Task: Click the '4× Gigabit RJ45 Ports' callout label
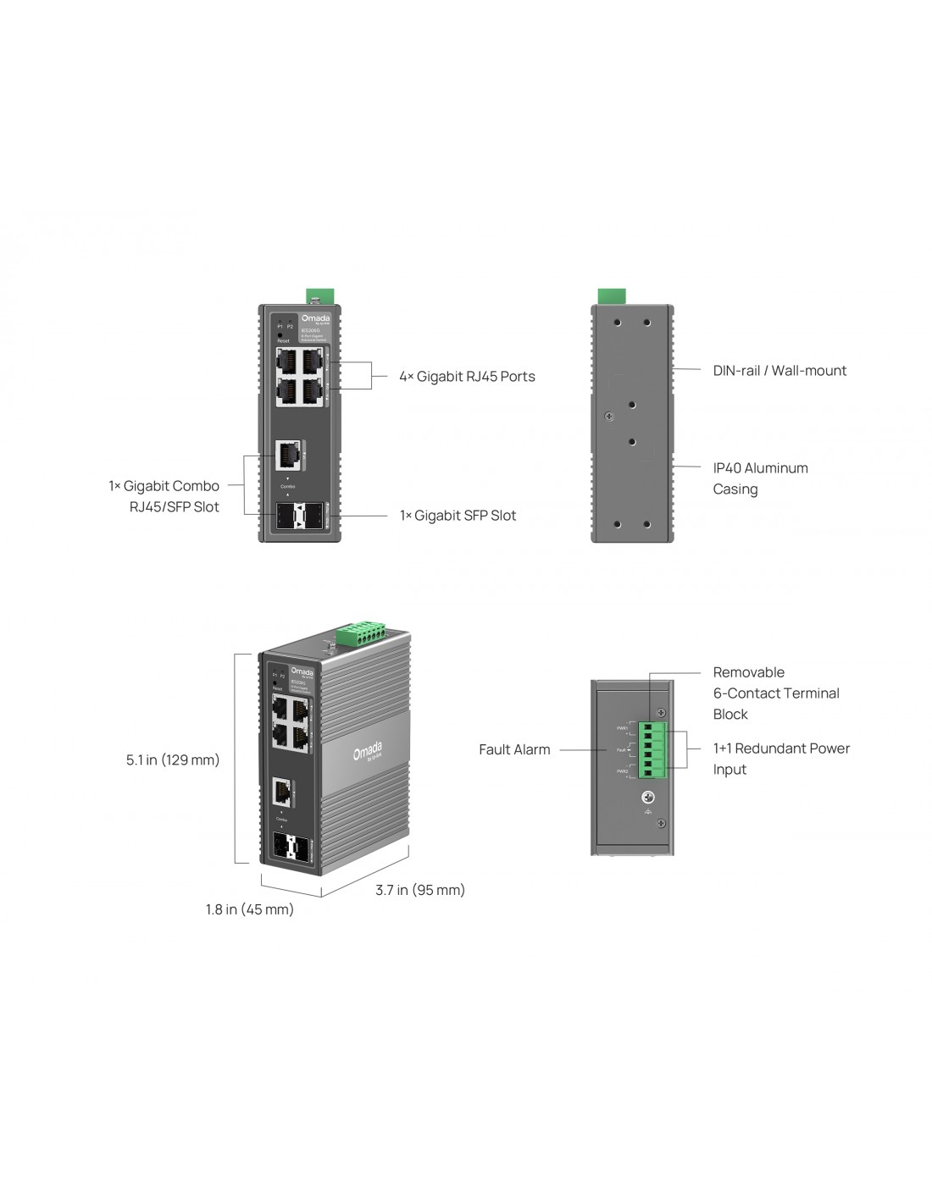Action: (467, 377)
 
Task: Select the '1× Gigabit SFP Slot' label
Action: (458, 516)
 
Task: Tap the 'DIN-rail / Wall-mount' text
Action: (779, 371)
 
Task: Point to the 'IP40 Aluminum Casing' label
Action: (760, 478)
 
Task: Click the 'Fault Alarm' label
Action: (514, 749)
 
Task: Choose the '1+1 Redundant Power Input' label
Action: (780, 759)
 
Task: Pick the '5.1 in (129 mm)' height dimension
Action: (173, 760)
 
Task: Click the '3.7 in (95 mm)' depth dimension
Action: (420, 890)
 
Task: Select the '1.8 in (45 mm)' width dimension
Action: (250, 909)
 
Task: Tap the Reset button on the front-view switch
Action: (280, 334)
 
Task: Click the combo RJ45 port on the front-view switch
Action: (287, 456)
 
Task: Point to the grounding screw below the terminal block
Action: (648, 798)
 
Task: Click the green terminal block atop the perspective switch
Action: (360, 632)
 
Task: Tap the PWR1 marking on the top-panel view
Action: (622, 728)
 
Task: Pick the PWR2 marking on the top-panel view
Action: (622, 771)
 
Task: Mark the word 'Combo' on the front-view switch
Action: (287, 487)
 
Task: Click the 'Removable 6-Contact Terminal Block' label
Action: (775, 693)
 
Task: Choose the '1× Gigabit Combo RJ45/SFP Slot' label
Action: (164, 496)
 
